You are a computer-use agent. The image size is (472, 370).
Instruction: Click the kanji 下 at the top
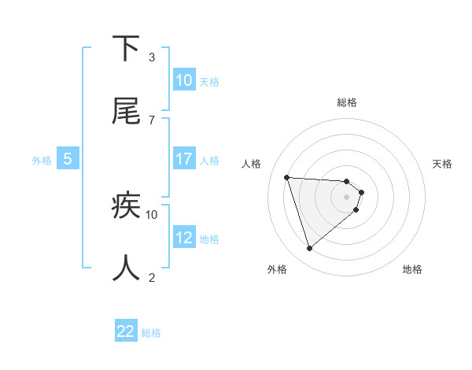[126, 49]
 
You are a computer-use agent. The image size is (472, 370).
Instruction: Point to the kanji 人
[126, 268]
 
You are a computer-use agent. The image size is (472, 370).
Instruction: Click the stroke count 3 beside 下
[151, 57]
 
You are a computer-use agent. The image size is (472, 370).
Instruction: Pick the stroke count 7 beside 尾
[151, 120]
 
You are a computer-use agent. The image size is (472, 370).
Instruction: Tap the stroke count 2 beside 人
[151, 277]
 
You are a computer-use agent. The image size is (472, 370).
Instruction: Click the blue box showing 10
[184, 80]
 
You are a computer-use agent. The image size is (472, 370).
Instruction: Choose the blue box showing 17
[184, 159]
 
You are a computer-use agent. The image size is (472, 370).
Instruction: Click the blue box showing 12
[184, 238]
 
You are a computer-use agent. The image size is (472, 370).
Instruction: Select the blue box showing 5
[68, 159]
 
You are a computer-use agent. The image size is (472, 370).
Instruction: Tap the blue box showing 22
[126, 331]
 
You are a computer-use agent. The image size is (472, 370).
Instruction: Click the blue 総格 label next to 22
[151, 333]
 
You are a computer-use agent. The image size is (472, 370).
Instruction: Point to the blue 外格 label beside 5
[42, 161]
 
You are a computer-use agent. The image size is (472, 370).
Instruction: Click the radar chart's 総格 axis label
[346, 102]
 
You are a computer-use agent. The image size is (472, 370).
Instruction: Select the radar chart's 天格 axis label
[442, 164]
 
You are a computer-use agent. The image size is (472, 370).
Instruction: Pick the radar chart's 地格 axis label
[412, 269]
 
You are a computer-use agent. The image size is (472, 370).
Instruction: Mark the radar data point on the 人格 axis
[286, 177]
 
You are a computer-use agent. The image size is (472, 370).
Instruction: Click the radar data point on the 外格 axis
[309, 249]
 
